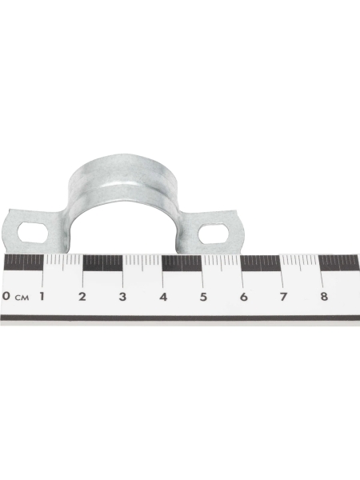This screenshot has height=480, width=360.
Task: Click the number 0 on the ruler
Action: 6,296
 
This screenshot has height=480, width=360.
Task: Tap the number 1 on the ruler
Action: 42,296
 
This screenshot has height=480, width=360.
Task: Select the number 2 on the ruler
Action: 82,296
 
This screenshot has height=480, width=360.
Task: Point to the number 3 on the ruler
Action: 122,296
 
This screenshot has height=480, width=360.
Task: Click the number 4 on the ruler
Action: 163,296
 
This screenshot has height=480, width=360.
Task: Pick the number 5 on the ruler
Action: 203,296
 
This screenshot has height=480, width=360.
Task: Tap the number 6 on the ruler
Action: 243,296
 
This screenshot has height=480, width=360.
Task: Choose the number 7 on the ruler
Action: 283,296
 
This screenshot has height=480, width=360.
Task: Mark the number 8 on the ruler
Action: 324,296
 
